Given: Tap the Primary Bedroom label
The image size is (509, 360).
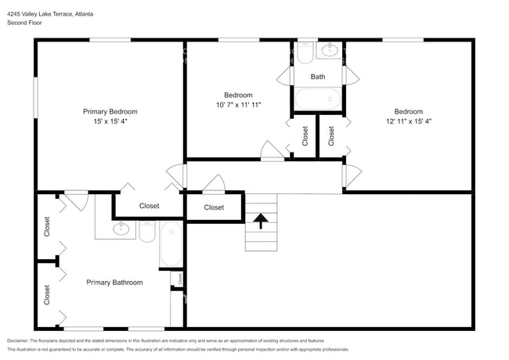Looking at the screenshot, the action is tap(110, 112).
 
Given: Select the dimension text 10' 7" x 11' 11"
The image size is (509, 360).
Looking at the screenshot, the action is tap(239, 105).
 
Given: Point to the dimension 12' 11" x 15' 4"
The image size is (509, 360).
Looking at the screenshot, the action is tap(409, 121).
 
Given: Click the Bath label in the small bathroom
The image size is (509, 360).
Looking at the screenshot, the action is tap(318, 77).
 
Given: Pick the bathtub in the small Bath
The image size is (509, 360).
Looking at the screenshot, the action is tap(318, 99).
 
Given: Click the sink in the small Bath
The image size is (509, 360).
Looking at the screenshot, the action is tap(330, 50).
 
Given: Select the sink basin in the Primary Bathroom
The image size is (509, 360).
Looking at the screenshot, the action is tap(121, 229).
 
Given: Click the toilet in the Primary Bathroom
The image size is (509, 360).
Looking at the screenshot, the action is tap(147, 232).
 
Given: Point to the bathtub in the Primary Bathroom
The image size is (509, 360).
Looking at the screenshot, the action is tap(171, 244).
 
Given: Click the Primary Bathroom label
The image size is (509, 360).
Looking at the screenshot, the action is tap(114, 283).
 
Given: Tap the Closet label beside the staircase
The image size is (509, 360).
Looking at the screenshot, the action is tap(214, 207).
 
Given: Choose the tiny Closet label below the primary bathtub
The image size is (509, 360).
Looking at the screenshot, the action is tap(180, 279).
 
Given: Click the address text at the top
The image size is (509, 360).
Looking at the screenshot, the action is tap(50, 14).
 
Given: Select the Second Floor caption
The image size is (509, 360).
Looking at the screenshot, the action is tap(24, 23).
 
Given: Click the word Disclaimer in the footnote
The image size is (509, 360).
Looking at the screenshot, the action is tap(18, 341).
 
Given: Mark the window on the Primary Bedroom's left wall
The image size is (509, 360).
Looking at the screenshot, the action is tap(36, 98).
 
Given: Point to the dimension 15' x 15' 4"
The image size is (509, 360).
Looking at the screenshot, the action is tap(110, 121).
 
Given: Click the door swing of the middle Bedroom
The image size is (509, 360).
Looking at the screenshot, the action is tap(272, 151).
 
